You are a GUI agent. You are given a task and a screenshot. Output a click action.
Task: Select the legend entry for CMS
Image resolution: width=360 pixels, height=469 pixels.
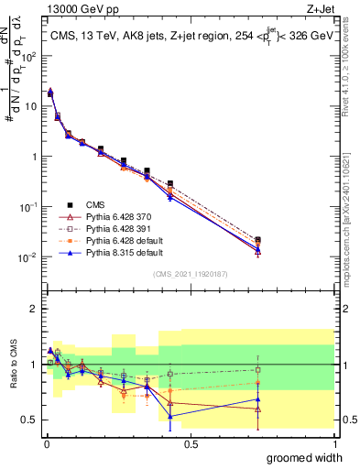95,205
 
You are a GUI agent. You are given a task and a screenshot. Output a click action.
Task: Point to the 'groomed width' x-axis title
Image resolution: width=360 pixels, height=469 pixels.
304,457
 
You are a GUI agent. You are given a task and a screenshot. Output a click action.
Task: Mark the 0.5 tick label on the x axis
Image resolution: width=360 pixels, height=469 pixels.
191,442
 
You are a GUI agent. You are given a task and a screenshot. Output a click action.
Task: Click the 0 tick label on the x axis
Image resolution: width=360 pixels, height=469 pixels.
46,442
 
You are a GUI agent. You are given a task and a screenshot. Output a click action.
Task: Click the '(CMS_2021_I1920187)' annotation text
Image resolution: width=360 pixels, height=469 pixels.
191,273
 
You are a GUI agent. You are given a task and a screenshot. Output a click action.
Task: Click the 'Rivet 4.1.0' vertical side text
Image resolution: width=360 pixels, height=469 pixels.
352,96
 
